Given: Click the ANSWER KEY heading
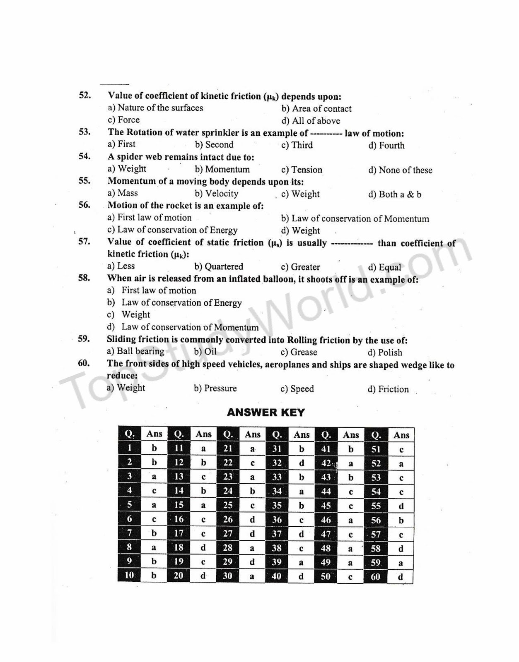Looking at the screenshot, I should click(x=266, y=413).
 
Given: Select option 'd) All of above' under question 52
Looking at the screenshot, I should click(x=311, y=121).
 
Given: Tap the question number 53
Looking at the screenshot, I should click(x=84, y=132).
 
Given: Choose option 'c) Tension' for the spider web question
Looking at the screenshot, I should click(x=301, y=170).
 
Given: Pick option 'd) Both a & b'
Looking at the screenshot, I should click(x=394, y=194).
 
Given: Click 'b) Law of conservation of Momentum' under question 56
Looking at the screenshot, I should click(x=355, y=218).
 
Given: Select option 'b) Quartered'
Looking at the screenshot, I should click(x=218, y=266).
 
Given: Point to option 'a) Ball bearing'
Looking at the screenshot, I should click(x=135, y=351).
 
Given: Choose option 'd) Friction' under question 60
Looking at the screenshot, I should click(x=388, y=389).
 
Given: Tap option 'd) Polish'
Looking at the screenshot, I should click(x=384, y=353).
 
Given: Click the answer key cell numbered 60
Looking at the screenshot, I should click(x=376, y=577).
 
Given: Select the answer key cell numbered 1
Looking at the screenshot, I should click(x=130, y=448).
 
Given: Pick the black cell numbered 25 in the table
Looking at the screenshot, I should click(x=228, y=505).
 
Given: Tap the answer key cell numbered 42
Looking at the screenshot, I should click(x=326, y=463).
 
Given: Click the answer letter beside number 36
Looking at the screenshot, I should click(x=301, y=520).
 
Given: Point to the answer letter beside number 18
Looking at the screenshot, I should click(x=203, y=548).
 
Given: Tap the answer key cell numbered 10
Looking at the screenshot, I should click(x=130, y=575).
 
